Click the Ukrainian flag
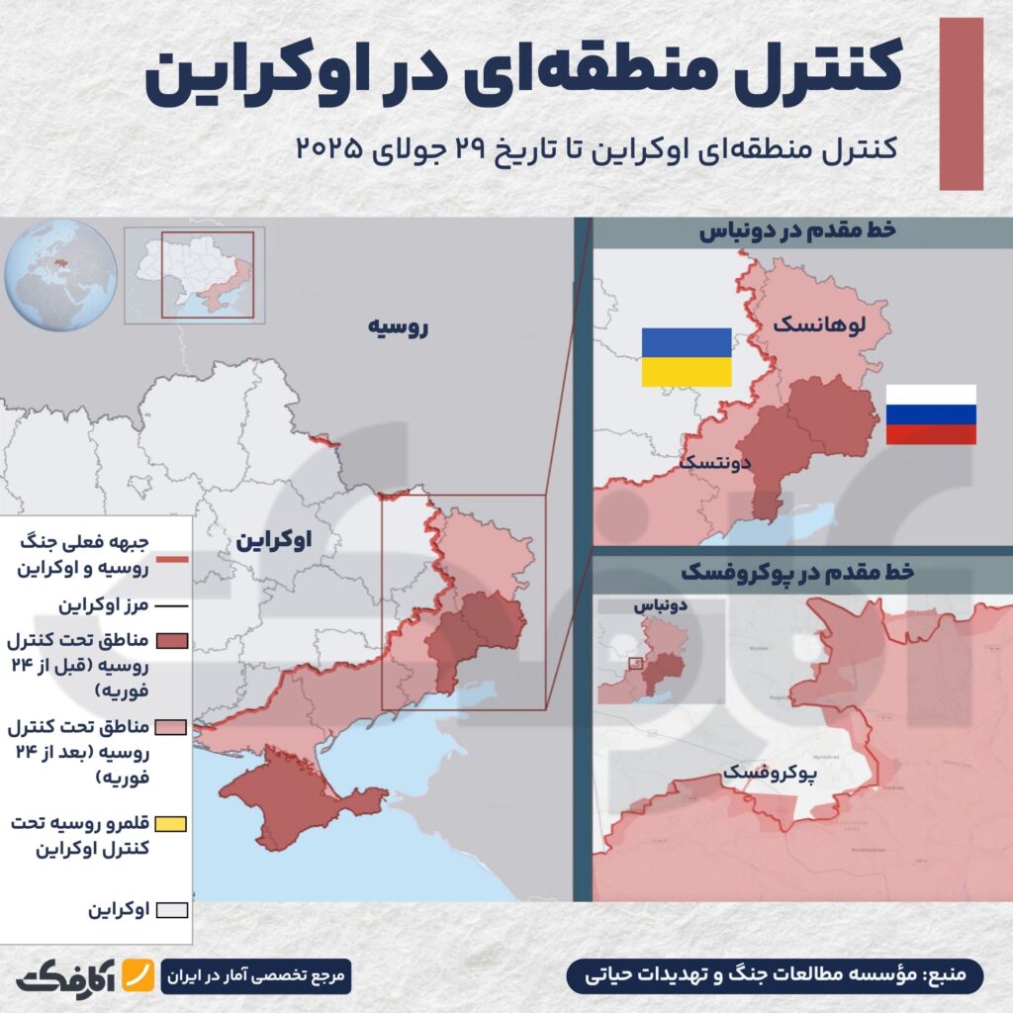pos(687,357)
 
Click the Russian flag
pos(930,414)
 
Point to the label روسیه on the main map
pos(399,327)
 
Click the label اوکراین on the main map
pos(274,540)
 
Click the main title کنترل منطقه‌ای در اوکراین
pos(525,78)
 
